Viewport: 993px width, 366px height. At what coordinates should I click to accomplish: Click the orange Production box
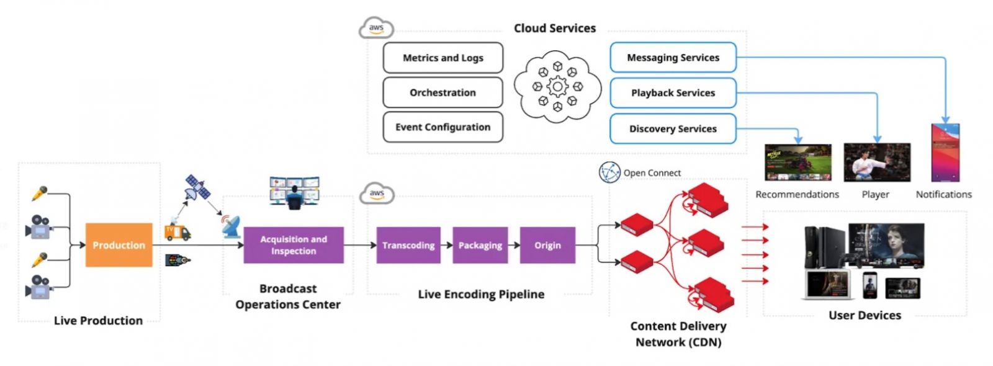119,245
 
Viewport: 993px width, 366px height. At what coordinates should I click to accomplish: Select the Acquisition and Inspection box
293,245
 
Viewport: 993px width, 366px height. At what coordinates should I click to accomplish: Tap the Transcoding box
408,245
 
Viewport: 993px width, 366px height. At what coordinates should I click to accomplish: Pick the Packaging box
480,245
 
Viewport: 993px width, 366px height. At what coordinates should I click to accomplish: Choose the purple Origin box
547,245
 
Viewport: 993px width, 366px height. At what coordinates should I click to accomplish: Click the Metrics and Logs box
443,58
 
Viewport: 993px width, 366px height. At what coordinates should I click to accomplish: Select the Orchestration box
443,92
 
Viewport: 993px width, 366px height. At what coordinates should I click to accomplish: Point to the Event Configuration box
443,127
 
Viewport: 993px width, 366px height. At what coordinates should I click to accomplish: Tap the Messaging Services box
673,58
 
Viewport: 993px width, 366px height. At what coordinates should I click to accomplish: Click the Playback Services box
673,93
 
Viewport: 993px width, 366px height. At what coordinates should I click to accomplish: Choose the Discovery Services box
673,129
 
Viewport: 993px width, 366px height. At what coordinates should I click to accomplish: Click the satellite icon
198,187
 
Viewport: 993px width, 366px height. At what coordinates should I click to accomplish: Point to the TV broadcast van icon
177,231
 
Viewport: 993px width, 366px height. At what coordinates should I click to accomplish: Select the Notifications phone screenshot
945,153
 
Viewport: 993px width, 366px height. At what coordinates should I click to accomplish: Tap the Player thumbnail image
876,163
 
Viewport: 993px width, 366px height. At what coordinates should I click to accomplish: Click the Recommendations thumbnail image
798,163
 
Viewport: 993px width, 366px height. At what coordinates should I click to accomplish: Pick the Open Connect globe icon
609,172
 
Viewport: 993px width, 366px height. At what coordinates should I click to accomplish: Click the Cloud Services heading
554,28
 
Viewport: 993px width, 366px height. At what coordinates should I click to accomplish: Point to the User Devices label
865,315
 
